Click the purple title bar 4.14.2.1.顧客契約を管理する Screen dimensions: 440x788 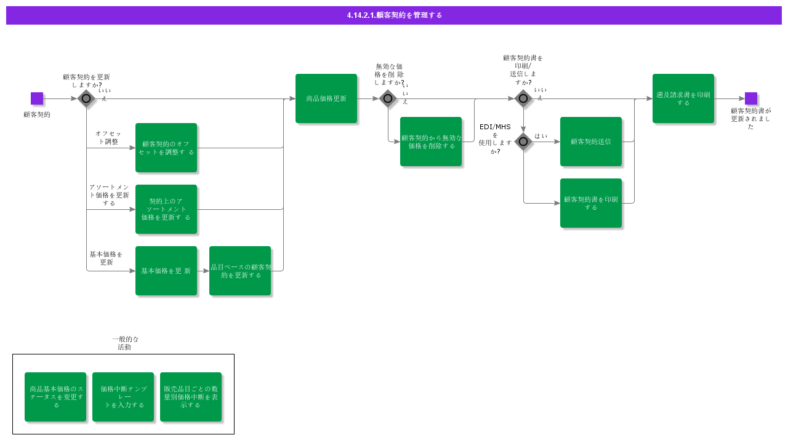pyautogui.click(x=394, y=15)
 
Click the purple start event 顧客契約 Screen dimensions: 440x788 pyautogui.click(x=37, y=98)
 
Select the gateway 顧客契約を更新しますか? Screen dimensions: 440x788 pyautogui.click(x=86, y=98)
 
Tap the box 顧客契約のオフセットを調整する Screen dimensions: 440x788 pyautogui.click(x=166, y=148)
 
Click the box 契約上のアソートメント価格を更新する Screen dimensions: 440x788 pyautogui.click(x=166, y=209)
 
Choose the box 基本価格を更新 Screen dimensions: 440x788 pyautogui.click(x=166, y=271)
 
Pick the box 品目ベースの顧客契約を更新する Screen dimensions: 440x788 pyautogui.click(x=240, y=271)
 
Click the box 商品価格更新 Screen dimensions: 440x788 pyautogui.click(x=326, y=98)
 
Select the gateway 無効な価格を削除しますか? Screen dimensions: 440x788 pyautogui.click(x=388, y=98)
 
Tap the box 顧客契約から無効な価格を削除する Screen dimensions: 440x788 pyautogui.click(x=431, y=142)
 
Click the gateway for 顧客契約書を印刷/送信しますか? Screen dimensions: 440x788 pyautogui.click(x=523, y=98)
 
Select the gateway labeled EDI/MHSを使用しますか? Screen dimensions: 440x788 pyautogui.click(x=523, y=142)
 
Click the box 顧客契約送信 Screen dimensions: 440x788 pyautogui.click(x=591, y=142)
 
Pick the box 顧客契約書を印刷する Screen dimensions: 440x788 pyautogui.click(x=591, y=203)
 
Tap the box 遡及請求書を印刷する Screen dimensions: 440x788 pyautogui.click(x=683, y=98)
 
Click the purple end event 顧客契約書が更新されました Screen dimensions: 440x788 pyautogui.click(x=751, y=98)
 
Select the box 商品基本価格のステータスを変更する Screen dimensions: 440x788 pyautogui.click(x=55, y=397)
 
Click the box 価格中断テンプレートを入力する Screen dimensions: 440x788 pyautogui.click(x=123, y=397)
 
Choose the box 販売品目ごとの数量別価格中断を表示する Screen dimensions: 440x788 pyautogui.click(x=191, y=397)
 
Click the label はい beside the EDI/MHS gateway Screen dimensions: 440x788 pyautogui.click(x=541, y=136)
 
